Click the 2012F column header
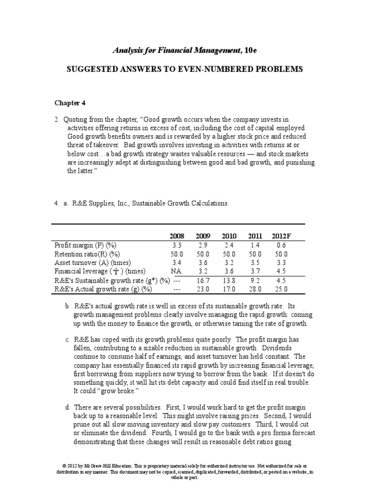[280, 236]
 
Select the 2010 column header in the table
[229, 236]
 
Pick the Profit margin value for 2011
[255, 245]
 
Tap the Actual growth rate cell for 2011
[255, 289]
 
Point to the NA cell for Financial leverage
[176, 271]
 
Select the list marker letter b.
[67, 306]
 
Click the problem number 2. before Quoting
[56, 119]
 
